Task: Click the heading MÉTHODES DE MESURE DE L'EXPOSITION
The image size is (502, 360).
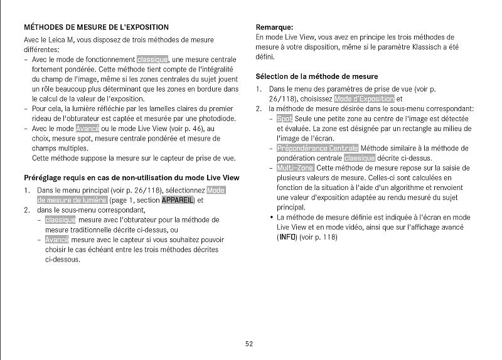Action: point(96,28)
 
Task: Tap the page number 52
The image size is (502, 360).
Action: point(249,343)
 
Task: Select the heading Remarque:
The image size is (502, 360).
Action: point(274,27)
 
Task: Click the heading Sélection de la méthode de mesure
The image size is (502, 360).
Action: point(316,77)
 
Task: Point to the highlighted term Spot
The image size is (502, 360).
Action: point(284,119)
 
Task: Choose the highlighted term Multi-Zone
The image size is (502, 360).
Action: point(296,168)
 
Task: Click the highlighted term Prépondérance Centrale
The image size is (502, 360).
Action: point(318,148)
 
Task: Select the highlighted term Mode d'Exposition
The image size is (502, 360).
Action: point(365,99)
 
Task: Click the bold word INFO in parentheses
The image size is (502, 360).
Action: point(287,237)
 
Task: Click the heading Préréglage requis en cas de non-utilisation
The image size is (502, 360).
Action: point(131,177)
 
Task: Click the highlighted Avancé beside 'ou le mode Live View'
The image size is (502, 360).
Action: point(88,128)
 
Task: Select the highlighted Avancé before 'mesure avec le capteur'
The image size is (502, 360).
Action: point(57,240)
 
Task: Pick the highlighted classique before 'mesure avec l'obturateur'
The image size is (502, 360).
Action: point(60,220)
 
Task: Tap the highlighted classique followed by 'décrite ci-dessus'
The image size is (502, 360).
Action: point(360,158)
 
